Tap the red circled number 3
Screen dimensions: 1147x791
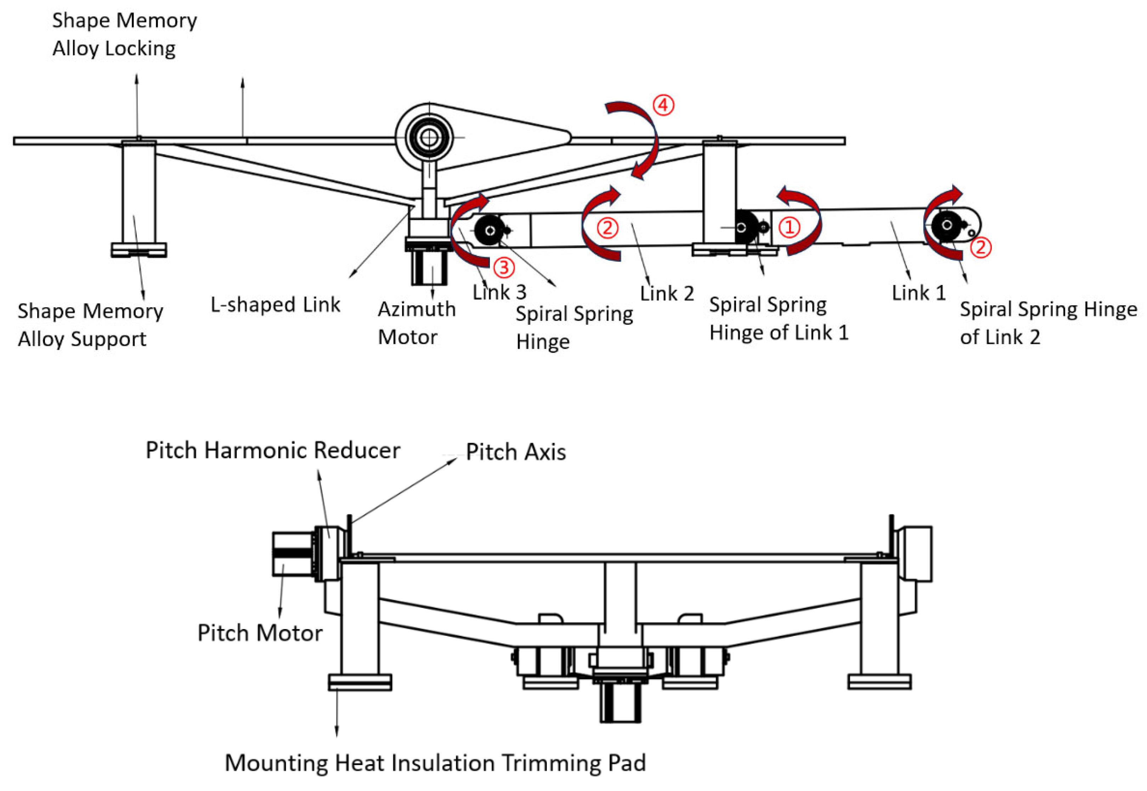click(504, 268)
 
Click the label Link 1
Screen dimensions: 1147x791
click(919, 292)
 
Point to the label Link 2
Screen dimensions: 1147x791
click(667, 293)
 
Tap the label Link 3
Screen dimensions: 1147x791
click(499, 292)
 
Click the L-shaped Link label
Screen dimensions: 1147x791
click(275, 304)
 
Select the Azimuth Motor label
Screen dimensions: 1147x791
click(417, 322)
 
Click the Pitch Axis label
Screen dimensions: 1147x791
click(516, 451)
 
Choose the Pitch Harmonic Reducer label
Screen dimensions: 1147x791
click(273, 450)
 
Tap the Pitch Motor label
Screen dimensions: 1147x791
click(260, 633)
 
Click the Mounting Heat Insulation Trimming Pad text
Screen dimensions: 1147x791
click(435, 763)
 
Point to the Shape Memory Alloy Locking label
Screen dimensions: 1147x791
click(124, 34)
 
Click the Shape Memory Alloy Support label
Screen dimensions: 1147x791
click(90, 325)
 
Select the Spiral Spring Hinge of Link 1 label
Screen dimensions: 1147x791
click(779, 318)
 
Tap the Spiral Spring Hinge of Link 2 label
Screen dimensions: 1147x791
click(1049, 322)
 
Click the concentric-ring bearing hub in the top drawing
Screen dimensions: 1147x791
click(429, 137)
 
